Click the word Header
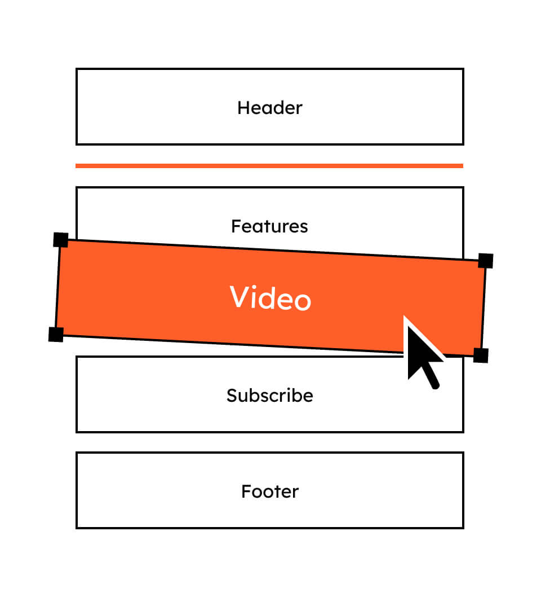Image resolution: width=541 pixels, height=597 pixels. click(270, 108)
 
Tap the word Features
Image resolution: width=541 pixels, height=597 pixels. click(269, 226)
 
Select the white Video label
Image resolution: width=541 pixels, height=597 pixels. click(270, 297)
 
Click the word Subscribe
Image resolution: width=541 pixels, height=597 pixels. click(270, 395)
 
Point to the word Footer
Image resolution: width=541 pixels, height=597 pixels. click(270, 491)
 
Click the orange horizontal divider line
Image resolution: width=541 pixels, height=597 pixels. click(269, 166)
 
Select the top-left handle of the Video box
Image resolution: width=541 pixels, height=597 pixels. click(61, 240)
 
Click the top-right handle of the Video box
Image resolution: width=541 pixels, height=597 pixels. click(486, 261)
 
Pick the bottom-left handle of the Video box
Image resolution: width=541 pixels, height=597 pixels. click(56, 334)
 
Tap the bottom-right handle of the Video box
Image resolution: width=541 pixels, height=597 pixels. click(481, 355)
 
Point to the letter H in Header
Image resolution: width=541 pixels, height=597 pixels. click(243, 108)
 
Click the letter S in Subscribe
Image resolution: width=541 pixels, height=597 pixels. click(232, 395)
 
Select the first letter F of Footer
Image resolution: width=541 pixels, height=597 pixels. click(246, 491)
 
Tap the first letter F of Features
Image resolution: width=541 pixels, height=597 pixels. click(236, 226)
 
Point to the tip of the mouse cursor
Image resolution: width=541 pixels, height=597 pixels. click(404, 316)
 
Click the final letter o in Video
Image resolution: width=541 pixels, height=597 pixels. click(303, 301)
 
